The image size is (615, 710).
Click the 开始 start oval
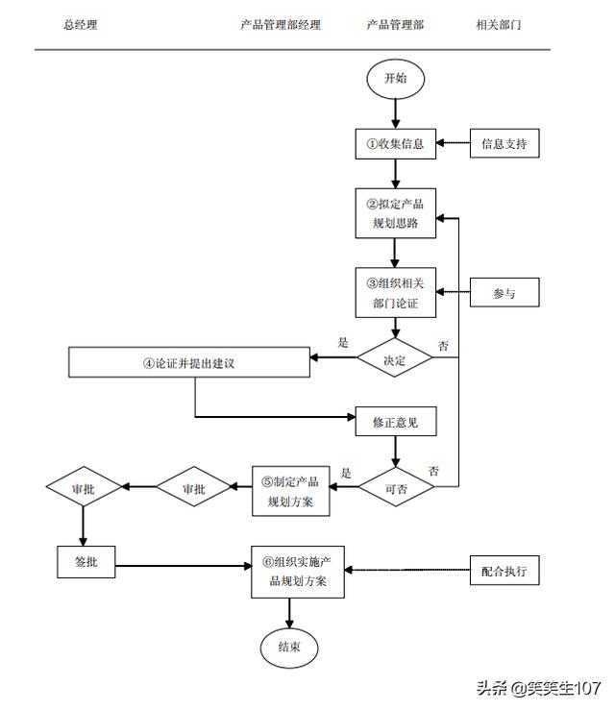point(395,79)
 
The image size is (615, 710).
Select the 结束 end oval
point(289,648)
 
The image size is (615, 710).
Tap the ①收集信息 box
point(395,144)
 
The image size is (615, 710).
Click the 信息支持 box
point(504,143)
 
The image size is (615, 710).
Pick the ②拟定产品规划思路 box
point(395,213)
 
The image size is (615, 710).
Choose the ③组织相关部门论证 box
point(395,292)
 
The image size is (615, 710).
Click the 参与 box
point(504,292)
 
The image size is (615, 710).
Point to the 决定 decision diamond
point(395,357)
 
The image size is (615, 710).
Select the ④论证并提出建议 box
point(189,362)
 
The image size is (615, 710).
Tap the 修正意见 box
point(396,422)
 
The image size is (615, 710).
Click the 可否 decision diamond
point(396,487)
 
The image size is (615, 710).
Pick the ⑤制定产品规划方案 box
point(291,491)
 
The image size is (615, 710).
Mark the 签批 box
point(86,562)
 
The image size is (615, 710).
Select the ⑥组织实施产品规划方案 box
point(298,572)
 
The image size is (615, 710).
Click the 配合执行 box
point(504,570)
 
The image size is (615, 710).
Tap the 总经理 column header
point(81,24)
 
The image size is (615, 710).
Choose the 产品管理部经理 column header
point(281,24)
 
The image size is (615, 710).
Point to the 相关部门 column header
point(499,24)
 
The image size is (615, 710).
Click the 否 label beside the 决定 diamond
point(443,346)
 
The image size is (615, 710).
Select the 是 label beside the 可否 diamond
point(346,474)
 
